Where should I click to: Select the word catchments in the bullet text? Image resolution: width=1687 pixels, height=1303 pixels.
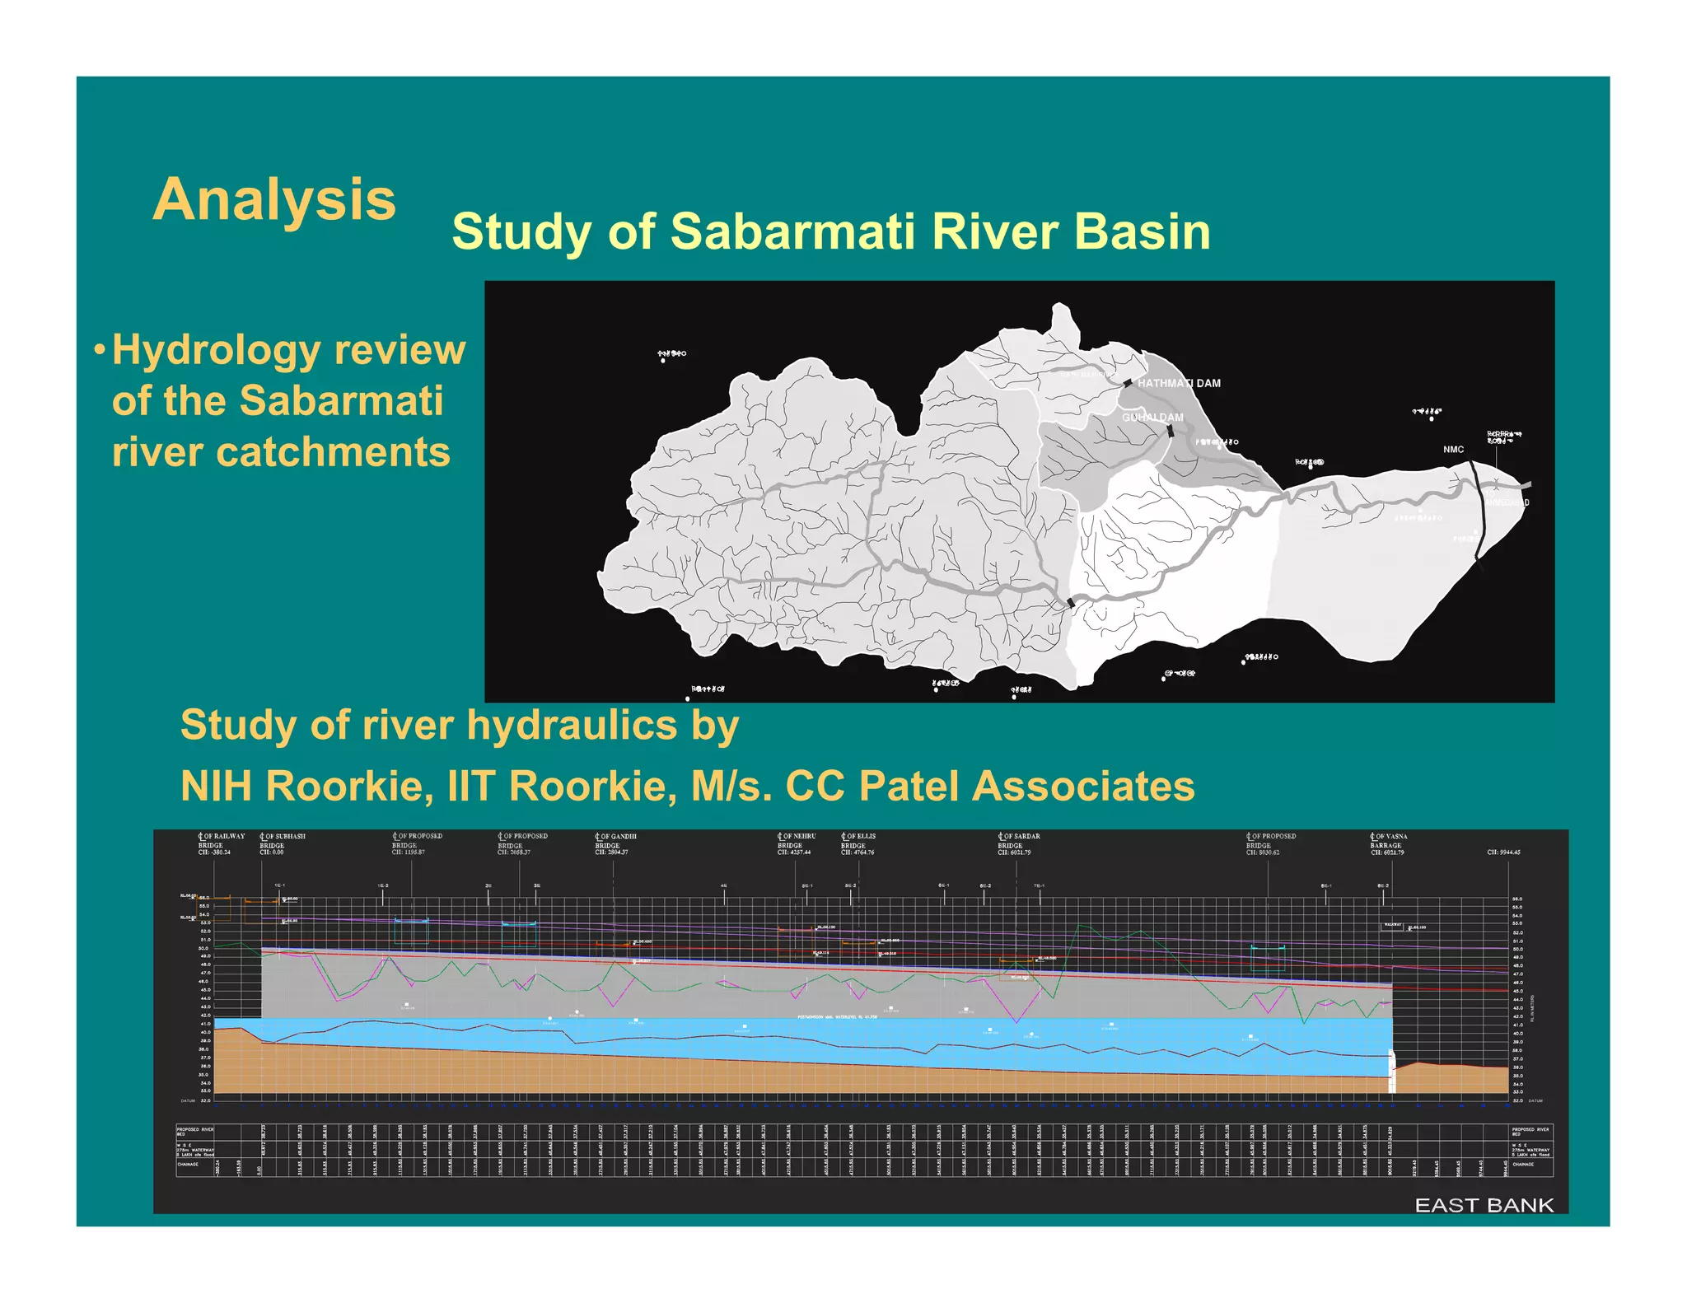coord(281,452)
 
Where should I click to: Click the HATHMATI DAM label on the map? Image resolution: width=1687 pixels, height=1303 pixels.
coord(1179,383)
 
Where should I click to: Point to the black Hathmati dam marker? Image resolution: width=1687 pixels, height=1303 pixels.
coord(1128,383)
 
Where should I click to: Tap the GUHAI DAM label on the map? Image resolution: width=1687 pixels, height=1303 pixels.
coord(1152,418)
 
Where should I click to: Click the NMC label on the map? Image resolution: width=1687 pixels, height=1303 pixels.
coord(1453,450)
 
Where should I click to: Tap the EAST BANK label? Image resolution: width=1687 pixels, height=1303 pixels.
coord(1484,1205)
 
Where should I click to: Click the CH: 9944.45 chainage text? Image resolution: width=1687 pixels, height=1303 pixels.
coord(1503,852)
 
